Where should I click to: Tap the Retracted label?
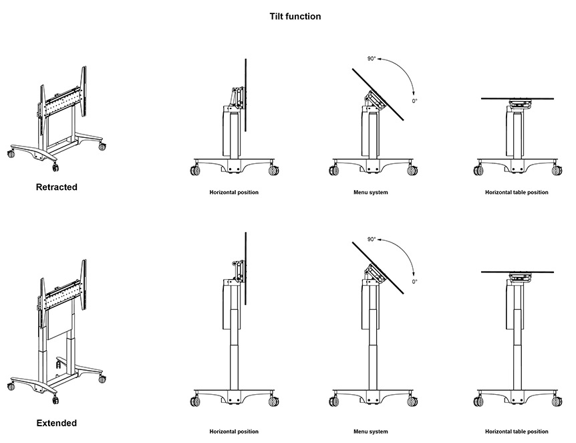pos(56,187)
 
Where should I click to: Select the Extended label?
pos(56,423)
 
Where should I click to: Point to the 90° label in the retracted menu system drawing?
pos(372,59)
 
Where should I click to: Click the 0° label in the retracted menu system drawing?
pos(414,101)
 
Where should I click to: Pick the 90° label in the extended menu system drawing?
pos(372,239)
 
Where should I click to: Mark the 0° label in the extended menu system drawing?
pos(414,282)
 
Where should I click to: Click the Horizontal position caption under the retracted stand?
pos(234,193)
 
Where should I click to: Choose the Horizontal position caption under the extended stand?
pos(234,432)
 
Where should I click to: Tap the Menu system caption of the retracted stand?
pos(371,193)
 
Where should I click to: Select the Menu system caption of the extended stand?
pos(371,432)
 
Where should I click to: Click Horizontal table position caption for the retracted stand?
pos(517,193)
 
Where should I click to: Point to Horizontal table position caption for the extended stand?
pos(517,432)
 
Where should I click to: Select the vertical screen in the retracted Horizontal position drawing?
pos(247,94)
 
